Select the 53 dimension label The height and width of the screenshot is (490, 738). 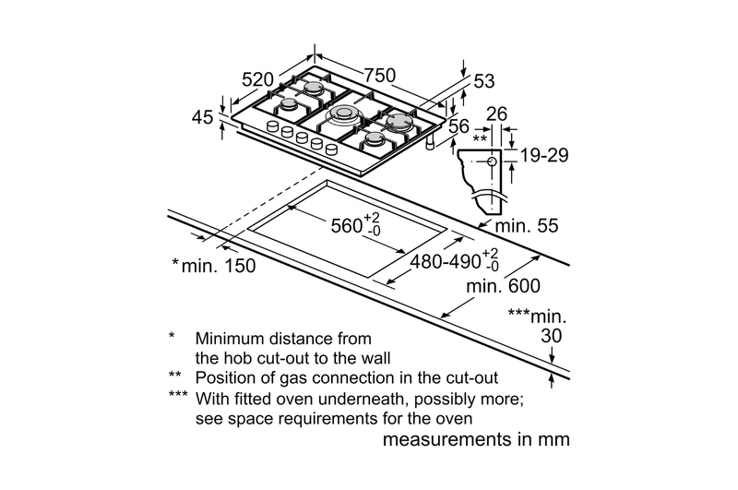point(484,81)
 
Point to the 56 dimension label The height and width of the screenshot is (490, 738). point(458,127)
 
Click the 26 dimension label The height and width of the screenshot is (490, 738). point(497,114)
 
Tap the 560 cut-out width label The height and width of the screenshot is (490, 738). point(349,223)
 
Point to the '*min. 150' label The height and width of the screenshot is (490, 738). point(213,266)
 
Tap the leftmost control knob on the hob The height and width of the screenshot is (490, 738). point(272,126)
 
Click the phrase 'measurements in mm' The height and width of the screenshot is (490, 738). point(475,439)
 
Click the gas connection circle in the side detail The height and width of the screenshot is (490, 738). point(489,161)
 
